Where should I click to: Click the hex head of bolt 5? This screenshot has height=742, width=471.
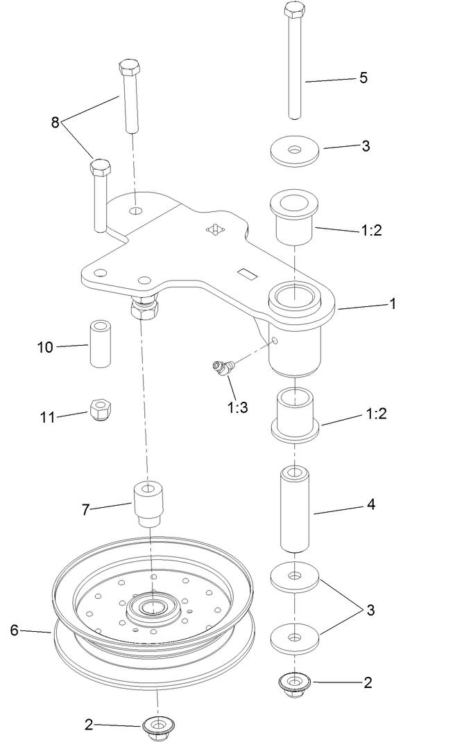coord(294,12)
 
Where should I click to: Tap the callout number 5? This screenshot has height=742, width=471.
coord(363,78)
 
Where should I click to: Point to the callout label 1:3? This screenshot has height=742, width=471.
coord(237,407)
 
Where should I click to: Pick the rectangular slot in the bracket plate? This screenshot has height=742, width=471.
coord(247,274)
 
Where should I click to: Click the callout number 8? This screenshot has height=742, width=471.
coord(55,123)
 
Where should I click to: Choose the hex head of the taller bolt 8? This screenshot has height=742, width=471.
coord(130,68)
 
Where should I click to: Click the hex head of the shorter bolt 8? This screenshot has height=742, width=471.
coord(100,168)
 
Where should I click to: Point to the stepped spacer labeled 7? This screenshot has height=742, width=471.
coord(148,504)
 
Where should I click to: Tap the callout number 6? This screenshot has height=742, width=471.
coord(15,630)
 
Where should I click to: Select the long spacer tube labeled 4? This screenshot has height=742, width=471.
coord(295,509)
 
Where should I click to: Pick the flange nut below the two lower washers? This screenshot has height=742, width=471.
coord(294,683)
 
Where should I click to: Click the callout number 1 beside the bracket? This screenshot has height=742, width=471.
coord(393,303)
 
